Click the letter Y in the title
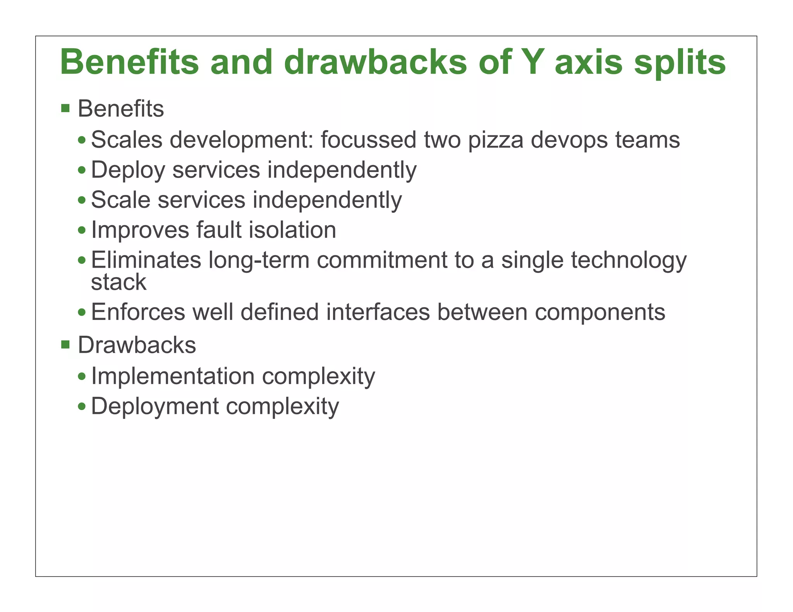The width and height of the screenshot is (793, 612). pos(528,62)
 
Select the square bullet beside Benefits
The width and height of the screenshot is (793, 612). pos(65,108)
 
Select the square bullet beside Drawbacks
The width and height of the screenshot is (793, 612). pos(65,344)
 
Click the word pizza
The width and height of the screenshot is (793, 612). pos(496,140)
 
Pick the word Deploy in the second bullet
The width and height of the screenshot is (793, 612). pos(128,170)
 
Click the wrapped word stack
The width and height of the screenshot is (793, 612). pos(118,282)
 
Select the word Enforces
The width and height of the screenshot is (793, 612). pos(138,312)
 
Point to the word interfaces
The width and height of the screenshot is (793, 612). pos(378,312)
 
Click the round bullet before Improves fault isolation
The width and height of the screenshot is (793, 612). pos(82,230)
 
